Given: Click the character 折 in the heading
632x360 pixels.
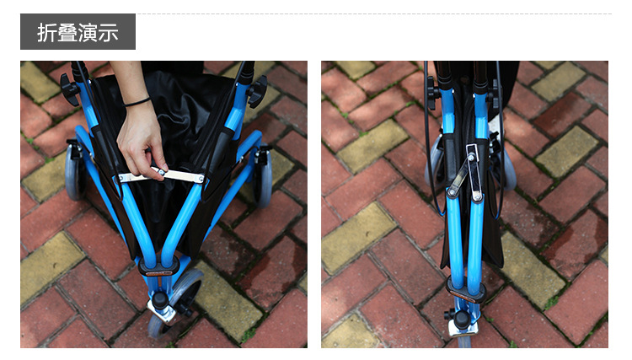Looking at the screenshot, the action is pos(46,32).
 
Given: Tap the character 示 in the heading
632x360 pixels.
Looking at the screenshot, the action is pos(108,32).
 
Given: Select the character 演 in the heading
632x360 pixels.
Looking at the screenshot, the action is pos(88,32).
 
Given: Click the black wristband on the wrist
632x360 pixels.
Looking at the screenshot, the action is pos(137,101).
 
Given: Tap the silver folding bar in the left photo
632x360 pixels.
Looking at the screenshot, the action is pos(161,175).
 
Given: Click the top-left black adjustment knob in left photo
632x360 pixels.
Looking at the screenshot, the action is pos(69,89).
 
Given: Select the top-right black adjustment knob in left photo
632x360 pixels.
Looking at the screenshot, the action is pos(257,92).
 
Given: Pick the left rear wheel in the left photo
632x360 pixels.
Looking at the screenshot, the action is pos(74,171).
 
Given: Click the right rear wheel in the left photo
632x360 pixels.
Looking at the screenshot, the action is pos(262,177).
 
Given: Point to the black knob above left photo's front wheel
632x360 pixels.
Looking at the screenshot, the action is pos(160,300).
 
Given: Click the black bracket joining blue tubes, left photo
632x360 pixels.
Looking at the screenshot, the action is pos(158,266).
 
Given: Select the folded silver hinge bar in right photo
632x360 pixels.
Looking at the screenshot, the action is pos(464,174).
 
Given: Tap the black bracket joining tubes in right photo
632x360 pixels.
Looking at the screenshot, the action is pos(465,290).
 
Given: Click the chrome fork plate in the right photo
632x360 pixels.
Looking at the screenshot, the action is pos(463,331).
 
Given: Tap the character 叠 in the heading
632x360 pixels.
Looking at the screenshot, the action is pos(67,32).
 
